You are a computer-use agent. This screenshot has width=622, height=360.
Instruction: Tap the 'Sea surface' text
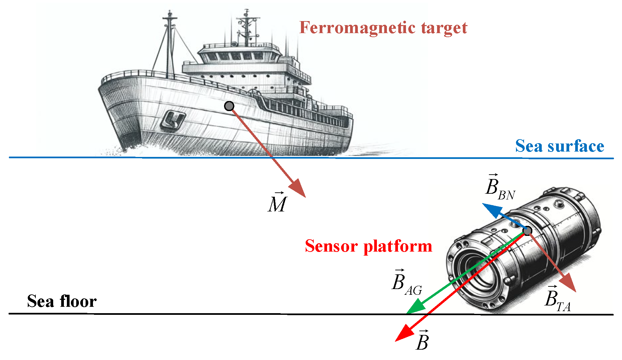559,147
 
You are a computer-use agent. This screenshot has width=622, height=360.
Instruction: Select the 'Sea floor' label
62,301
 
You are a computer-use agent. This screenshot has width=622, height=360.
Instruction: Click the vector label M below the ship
277,203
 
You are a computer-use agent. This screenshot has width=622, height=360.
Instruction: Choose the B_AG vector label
406,282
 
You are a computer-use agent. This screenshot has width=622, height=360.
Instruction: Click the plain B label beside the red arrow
422,341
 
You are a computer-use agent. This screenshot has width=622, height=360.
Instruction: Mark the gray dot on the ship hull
229,106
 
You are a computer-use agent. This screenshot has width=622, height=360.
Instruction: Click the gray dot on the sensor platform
527,231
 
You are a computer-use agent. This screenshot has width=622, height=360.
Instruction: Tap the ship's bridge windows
236,56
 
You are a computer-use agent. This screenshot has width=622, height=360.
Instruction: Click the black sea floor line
201,314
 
